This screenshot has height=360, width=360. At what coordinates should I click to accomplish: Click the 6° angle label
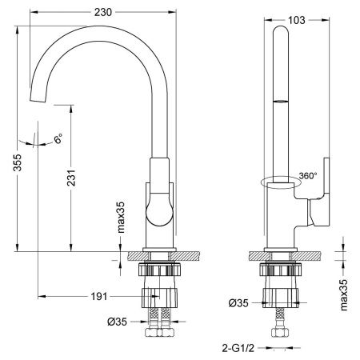coord(58,140)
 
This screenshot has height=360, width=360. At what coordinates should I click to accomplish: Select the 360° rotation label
coord(308,174)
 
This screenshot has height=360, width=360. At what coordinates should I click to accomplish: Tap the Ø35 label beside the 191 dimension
coord(118,322)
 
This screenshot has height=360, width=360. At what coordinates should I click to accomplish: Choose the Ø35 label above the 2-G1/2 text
coord(238,303)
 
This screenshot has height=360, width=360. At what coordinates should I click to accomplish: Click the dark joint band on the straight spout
coord(279,101)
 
